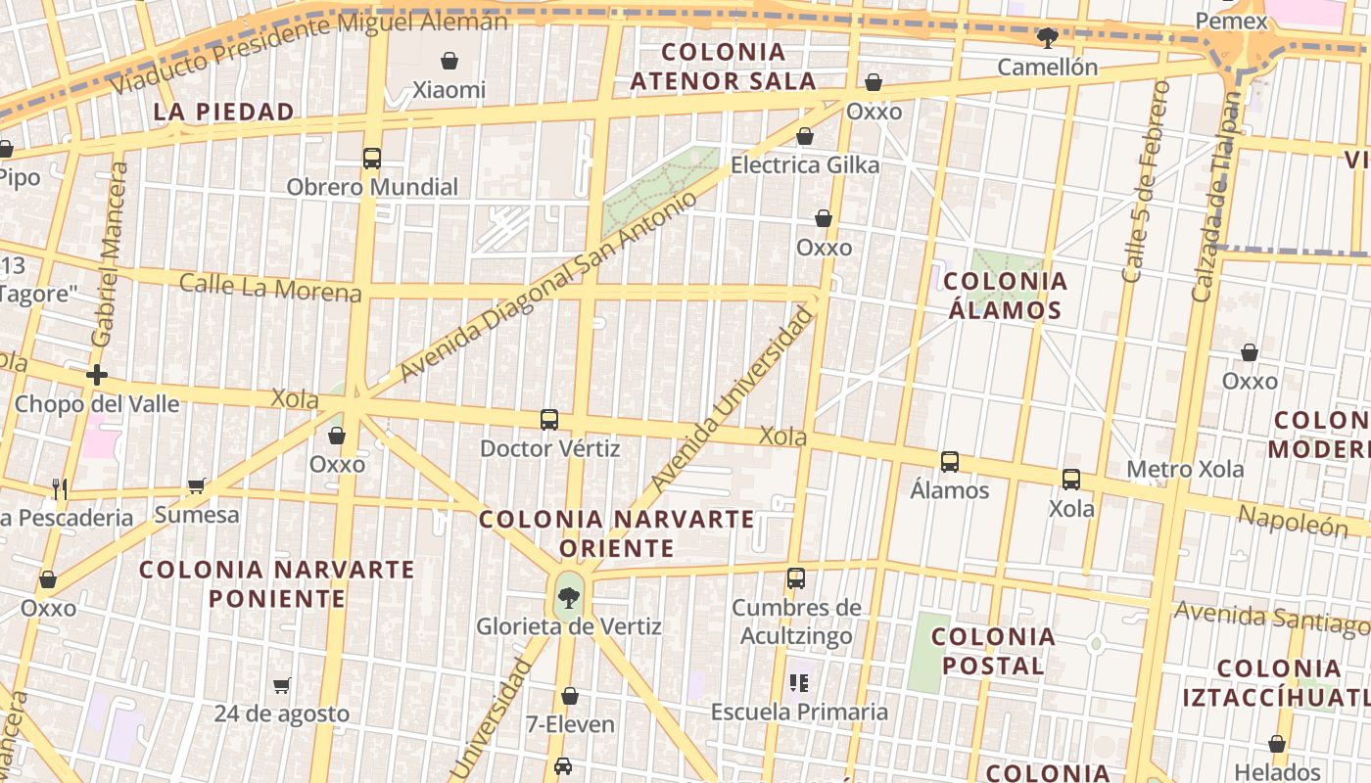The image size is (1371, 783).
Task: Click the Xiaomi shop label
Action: click(449, 90)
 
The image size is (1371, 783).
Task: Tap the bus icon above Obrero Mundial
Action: click(372, 159)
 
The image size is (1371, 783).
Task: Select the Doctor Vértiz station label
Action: click(549, 448)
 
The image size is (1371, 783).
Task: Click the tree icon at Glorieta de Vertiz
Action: click(567, 595)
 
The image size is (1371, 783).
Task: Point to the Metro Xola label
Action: click(1185, 469)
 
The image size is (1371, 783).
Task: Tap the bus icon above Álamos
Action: click(949, 462)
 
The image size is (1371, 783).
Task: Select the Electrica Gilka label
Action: click(805, 164)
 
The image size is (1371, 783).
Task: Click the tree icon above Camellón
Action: click(1047, 38)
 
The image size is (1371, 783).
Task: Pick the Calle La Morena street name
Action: click(270, 288)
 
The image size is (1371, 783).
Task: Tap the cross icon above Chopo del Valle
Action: click(97, 375)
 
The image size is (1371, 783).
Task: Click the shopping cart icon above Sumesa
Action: click(197, 486)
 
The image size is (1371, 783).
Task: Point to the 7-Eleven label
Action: click(570, 724)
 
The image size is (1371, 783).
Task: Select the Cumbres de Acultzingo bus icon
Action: click(796, 578)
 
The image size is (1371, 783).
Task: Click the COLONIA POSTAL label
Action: click(993, 651)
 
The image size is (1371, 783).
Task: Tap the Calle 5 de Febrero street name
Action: click(1147, 182)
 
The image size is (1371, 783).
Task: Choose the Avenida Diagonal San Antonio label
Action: click(548, 285)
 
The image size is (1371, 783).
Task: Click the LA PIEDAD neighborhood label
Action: click(224, 112)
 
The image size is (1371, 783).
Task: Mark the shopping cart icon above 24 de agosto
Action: click(282, 685)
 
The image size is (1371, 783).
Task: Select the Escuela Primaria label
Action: click(799, 712)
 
